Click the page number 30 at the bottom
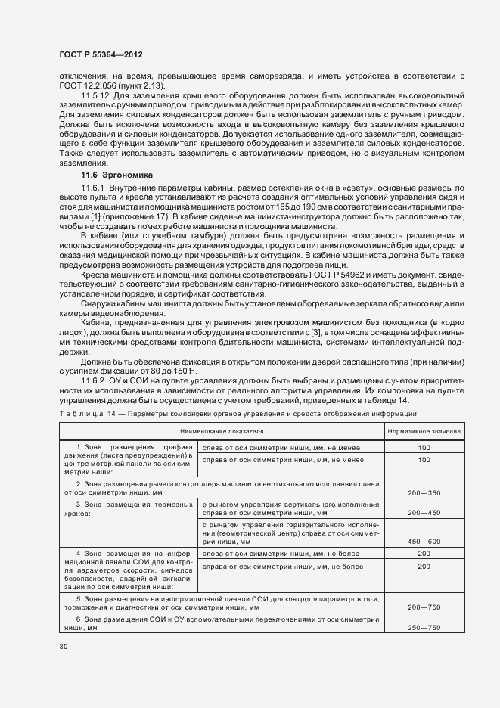(64, 647)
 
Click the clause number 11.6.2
(95, 379)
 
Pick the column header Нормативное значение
(423, 431)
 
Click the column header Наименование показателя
(222, 431)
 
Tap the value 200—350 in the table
(423, 492)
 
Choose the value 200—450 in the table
(423, 513)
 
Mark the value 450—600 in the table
(423, 541)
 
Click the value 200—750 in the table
(423, 607)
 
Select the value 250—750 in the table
(423, 627)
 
